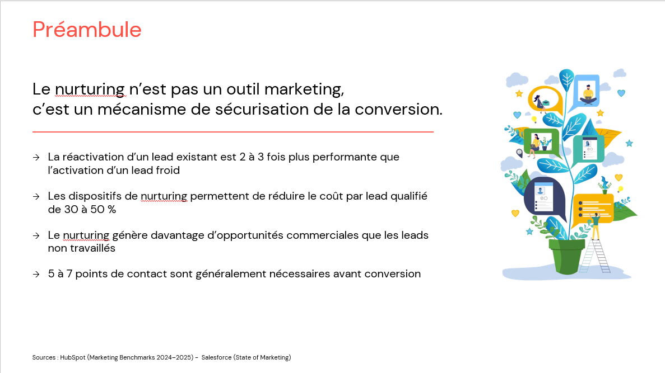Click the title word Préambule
87,29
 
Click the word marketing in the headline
303,89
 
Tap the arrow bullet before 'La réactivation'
36,158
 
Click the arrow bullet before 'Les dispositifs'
36,197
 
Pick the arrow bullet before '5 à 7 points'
36,275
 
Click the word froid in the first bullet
166,170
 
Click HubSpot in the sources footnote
72,357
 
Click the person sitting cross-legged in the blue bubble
588,93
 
